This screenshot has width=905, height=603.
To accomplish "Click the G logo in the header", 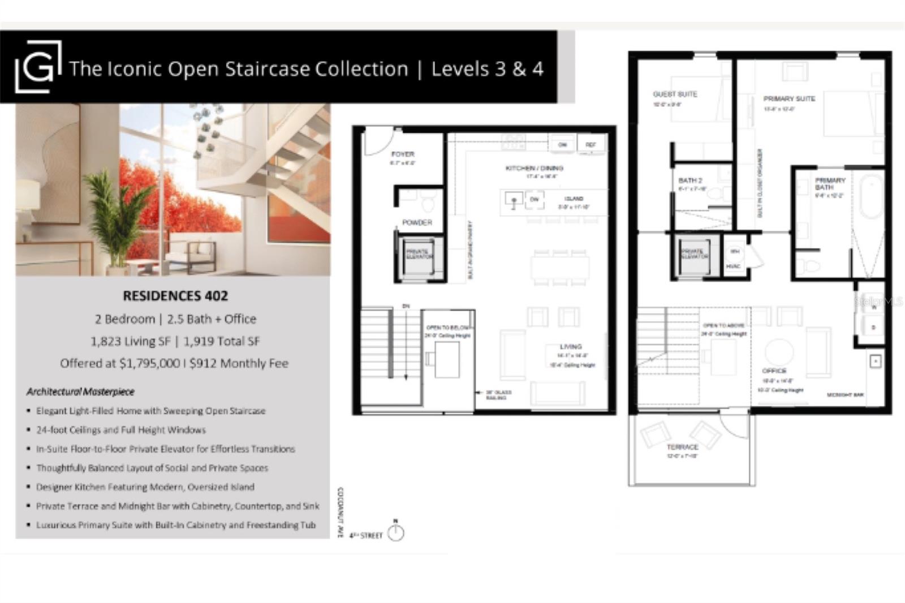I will click(x=38, y=67).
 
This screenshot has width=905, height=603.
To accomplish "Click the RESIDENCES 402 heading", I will click(x=175, y=296).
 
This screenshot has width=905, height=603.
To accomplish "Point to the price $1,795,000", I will click(x=149, y=363).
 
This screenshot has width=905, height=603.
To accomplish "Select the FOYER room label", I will click(x=403, y=154).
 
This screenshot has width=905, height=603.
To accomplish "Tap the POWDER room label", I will click(x=417, y=222).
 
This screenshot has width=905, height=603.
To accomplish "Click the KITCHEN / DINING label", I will click(x=534, y=168).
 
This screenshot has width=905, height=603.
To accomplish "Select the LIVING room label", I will click(x=571, y=346).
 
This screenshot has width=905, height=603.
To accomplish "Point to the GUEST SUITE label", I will click(x=675, y=94).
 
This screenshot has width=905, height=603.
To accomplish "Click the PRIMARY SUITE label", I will click(x=789, y=98).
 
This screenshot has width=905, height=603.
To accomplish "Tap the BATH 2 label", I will click(x=690, y=180).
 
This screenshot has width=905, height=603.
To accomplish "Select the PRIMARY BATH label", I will click(x=830, y=183).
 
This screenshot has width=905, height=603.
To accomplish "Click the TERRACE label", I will click(x=682, y=447).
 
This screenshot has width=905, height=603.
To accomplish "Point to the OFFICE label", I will click(x=774, y=371).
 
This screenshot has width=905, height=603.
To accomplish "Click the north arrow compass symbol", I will click(x=396, y=532).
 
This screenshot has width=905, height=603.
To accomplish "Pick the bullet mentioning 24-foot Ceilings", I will click(x=120, y=430).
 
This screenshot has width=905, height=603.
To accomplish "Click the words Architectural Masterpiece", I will click(x=80, y=391).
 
